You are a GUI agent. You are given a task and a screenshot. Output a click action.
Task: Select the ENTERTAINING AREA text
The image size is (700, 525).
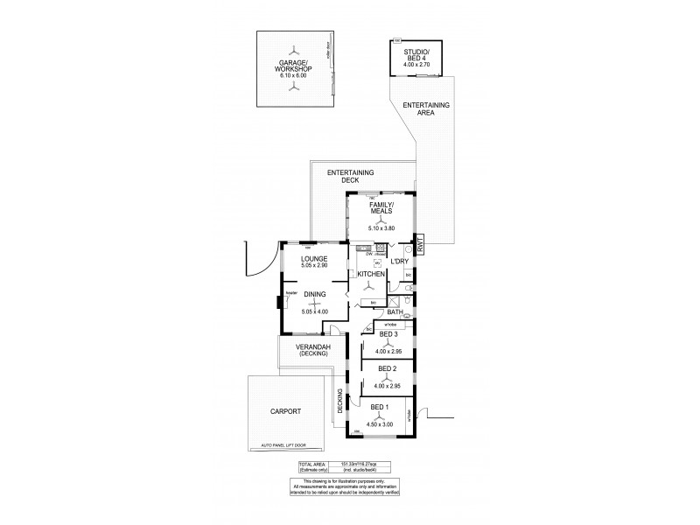click(426, 108)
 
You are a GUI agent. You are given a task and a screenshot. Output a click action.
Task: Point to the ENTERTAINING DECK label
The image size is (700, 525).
click(350, 176)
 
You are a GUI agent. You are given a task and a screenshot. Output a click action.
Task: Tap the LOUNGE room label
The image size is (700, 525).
click(313, 259)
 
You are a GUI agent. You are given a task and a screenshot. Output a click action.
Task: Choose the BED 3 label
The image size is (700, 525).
click(388, 334)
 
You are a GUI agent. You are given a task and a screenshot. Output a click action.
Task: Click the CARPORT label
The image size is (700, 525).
click(286, 410)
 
